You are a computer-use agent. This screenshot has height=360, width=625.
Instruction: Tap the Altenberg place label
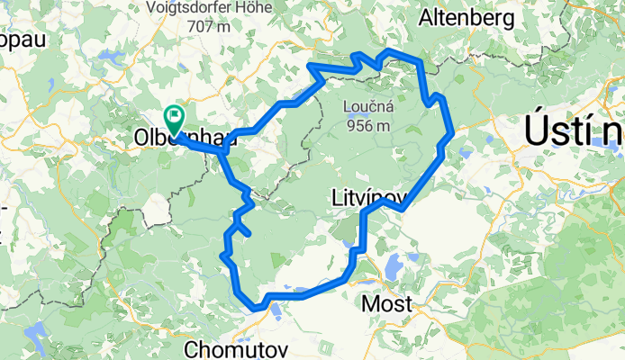click(x=466, y=16)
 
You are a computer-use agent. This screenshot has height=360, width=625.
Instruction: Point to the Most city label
click(x=386, y=303)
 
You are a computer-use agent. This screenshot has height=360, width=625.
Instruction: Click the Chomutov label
click(x=222, y=348)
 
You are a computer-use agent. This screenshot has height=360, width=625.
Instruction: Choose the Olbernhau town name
click(x=185, y=139)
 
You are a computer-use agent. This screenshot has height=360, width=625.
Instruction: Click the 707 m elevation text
click(x=210, y=26)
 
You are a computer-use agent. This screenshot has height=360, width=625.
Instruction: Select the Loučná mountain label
click(x=366, y=108)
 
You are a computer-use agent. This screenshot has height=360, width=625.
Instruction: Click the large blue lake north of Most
click(x=393, y=266)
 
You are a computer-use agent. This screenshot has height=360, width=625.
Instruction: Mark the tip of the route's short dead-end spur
click(x=248, y=233)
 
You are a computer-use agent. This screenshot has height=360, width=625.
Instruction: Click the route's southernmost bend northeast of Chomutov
click(x=258, y=309)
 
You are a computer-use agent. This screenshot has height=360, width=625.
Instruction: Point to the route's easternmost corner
click(x=450, y=131)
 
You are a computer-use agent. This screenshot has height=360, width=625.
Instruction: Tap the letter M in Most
click(x=370, y=303)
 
